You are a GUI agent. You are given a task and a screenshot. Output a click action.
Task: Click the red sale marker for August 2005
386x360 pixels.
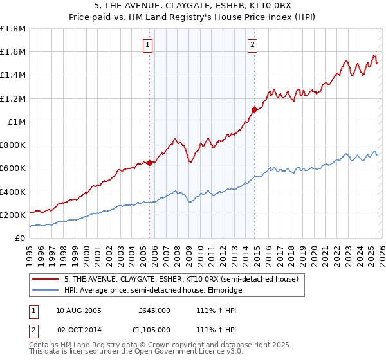[150, 163]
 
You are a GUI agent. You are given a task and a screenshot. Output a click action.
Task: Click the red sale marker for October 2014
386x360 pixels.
[254, 109]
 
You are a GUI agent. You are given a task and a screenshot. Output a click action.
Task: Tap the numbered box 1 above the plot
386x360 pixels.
[148, 45]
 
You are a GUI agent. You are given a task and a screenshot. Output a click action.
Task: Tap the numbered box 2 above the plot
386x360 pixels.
[252, 45]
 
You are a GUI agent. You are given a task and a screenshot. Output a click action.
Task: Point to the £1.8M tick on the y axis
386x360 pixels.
[13, 29]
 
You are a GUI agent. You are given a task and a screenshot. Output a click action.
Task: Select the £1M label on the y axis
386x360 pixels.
[16, 122]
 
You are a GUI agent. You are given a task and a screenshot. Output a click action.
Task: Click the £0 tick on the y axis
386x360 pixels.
[20, 238]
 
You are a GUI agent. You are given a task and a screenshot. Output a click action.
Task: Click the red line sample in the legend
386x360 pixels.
[46, 280]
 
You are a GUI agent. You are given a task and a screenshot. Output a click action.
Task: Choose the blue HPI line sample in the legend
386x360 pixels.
[46, 291]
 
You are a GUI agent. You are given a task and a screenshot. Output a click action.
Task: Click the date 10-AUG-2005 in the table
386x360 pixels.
[79, 310]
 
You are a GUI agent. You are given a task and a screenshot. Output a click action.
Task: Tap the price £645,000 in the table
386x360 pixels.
[154, 310]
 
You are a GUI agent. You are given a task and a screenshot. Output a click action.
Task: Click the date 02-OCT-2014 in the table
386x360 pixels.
[79, 330]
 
